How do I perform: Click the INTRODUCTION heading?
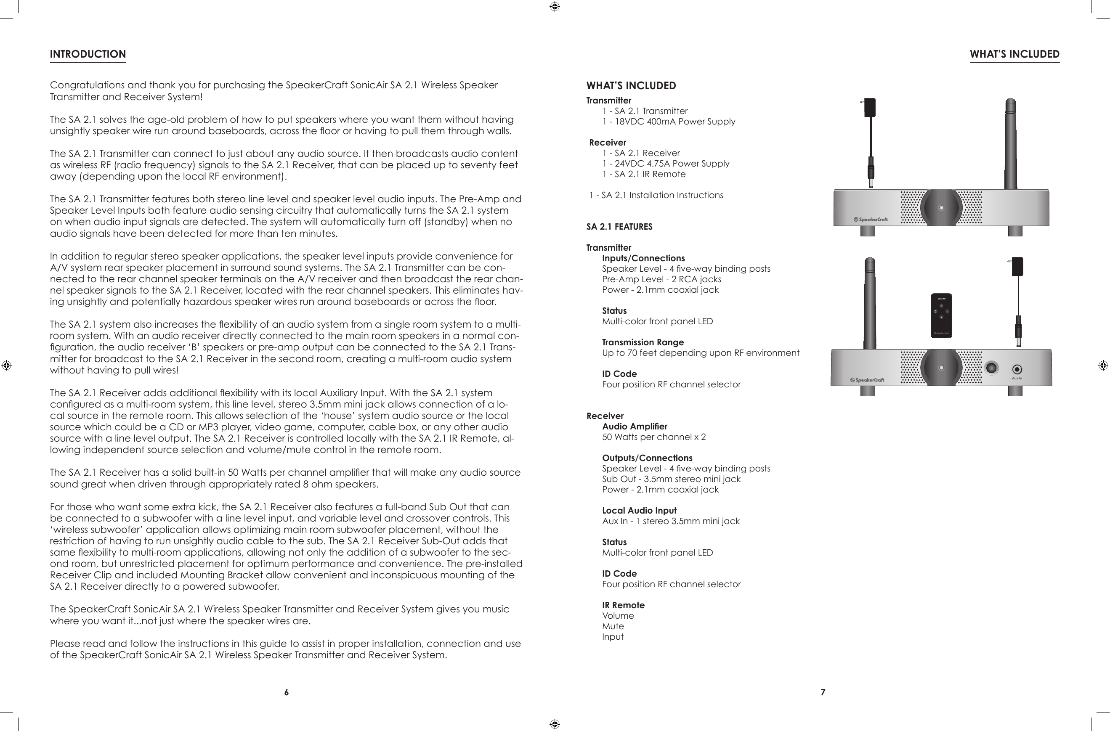(88, 54)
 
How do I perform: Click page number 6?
(287, 692)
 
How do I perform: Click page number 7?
(823, 692)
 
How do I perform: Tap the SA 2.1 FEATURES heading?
(619, 227)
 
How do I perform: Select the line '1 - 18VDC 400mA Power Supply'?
(669, 122)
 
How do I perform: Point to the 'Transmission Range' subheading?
(643, 342)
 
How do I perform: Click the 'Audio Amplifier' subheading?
(634, 426)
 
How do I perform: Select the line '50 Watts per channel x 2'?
(654, 437)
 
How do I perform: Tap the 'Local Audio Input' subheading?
(639, 511)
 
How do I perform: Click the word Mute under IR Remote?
(613, 626)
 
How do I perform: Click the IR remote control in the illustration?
(941, 315)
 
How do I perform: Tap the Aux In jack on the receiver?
(1017, 370)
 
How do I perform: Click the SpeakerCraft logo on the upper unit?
(870, 220)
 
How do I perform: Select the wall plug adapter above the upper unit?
(869, 108)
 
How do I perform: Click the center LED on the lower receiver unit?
(941, 367)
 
